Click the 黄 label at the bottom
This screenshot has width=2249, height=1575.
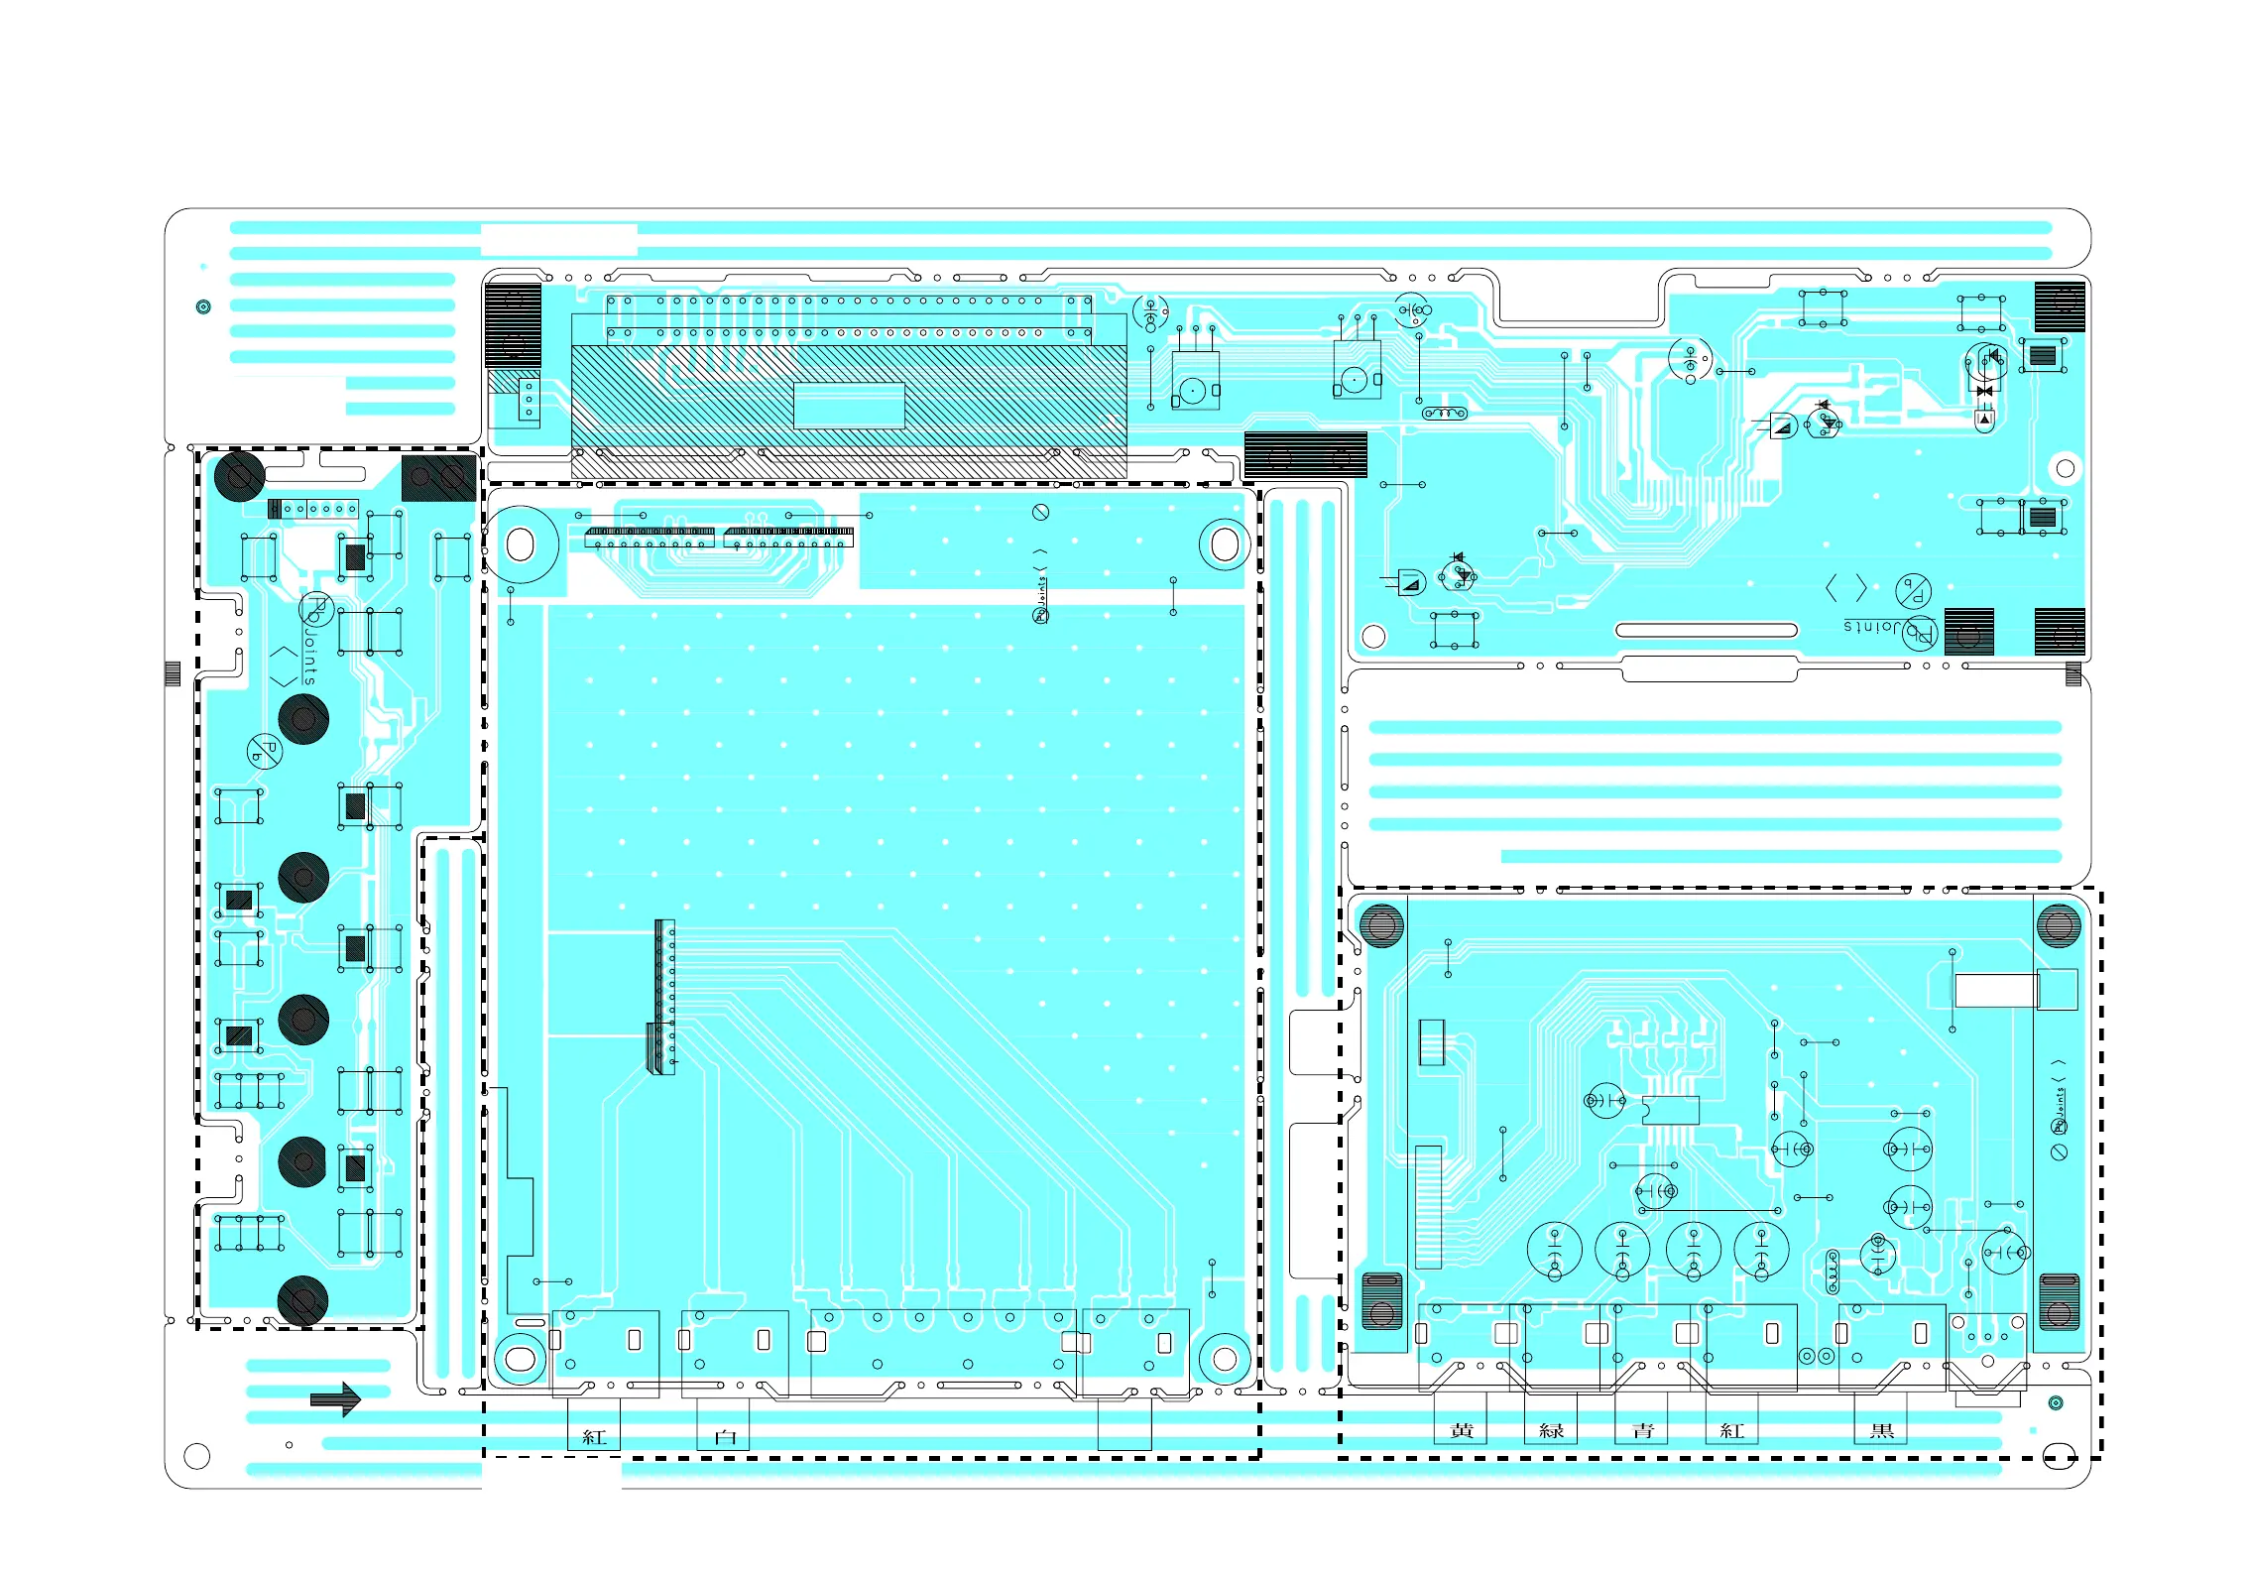[1461, 1430]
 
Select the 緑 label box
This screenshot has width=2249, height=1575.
[1551, 1430]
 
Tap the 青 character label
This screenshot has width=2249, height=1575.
[1642, 1430]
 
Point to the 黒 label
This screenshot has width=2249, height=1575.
[1881, 1430]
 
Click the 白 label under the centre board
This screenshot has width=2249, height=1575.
[725, 1436]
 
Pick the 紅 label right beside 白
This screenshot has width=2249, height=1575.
[594, 1436]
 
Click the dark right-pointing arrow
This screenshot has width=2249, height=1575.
[335, 1399]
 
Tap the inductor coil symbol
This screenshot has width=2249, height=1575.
[1445, 413]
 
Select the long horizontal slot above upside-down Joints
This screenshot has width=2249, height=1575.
[1706, 630]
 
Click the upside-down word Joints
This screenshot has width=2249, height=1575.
[1871, 627]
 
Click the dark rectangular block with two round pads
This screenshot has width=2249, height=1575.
[439, 478]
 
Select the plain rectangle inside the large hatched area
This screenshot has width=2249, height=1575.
[849, 406]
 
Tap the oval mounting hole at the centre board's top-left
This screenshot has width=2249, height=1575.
[521, 544]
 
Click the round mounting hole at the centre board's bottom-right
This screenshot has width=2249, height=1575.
[1225, 1359]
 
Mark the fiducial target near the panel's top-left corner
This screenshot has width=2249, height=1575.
[203, 306]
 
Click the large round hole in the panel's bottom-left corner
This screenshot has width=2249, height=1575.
[197, 1456]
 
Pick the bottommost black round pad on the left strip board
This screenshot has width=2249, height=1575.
[302, 1300]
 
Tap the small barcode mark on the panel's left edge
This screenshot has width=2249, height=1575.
[173, 673]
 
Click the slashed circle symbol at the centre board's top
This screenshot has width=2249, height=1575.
[1040, 513]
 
